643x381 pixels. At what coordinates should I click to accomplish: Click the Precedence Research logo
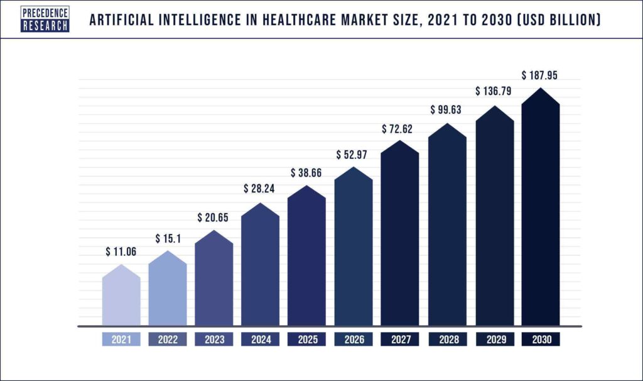coord(45,19)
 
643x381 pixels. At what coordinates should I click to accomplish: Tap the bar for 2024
coord(260,267)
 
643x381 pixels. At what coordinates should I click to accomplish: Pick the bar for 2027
coord(399,236)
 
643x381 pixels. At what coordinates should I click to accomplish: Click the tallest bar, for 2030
coord(541,211)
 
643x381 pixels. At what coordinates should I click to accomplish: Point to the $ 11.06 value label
coord(121,252)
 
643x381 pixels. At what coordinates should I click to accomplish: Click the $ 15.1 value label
coord(168,239)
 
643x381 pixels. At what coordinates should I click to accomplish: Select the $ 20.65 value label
coord(214,218)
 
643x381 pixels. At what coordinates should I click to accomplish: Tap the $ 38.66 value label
coord(306,172)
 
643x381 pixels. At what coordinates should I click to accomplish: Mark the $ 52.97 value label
coord(353,154)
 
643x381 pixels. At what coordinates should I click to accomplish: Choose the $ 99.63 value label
coord(446,110)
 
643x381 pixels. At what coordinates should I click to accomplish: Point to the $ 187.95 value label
coord(540,75)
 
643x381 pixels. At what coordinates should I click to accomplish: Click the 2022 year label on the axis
coord(168,340)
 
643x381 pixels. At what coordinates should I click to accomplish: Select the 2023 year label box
coord(214,340)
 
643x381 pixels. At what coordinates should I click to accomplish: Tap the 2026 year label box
coord(353,340)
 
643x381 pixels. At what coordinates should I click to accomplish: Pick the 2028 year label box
coord(446,340)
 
